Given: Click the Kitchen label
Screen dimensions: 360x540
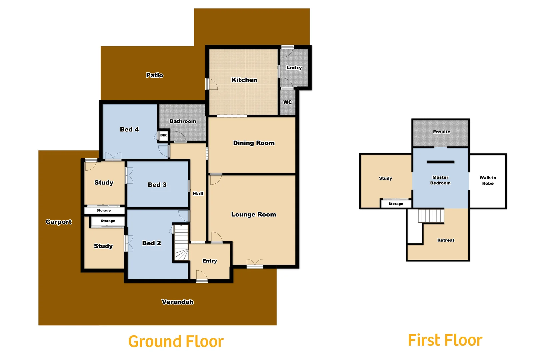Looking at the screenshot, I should (244, 80).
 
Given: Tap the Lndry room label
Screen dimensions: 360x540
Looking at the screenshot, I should (294, 68).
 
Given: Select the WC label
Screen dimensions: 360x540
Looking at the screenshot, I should (287, 102).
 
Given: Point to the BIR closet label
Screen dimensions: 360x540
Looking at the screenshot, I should (163, 135).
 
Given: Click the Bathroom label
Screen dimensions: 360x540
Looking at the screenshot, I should (183, 121).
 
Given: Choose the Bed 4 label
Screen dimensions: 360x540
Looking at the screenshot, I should (129, 129).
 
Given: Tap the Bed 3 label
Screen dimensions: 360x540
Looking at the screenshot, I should (157, 185).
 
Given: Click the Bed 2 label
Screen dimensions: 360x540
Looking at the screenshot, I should (151, 243).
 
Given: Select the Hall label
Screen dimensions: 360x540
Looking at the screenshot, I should (198, 194).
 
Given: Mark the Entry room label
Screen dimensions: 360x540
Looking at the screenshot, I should (210, 261).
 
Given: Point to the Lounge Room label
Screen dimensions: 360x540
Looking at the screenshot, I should (254, 215).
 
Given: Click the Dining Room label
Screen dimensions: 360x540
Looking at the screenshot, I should (254, 143).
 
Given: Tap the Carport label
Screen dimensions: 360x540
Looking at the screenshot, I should (59, 222).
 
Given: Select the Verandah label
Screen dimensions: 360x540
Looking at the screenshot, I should (177, 302).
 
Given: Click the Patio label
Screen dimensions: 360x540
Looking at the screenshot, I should (155, 75).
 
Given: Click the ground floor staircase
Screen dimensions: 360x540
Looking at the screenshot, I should (181, 242).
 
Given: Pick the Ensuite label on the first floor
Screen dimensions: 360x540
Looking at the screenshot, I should (441, 132).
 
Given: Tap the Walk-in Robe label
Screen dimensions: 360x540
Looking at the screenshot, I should (488, 180).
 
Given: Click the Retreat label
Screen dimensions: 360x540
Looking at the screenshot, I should (446, 240).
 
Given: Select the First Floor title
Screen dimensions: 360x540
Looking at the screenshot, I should (445, 340).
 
